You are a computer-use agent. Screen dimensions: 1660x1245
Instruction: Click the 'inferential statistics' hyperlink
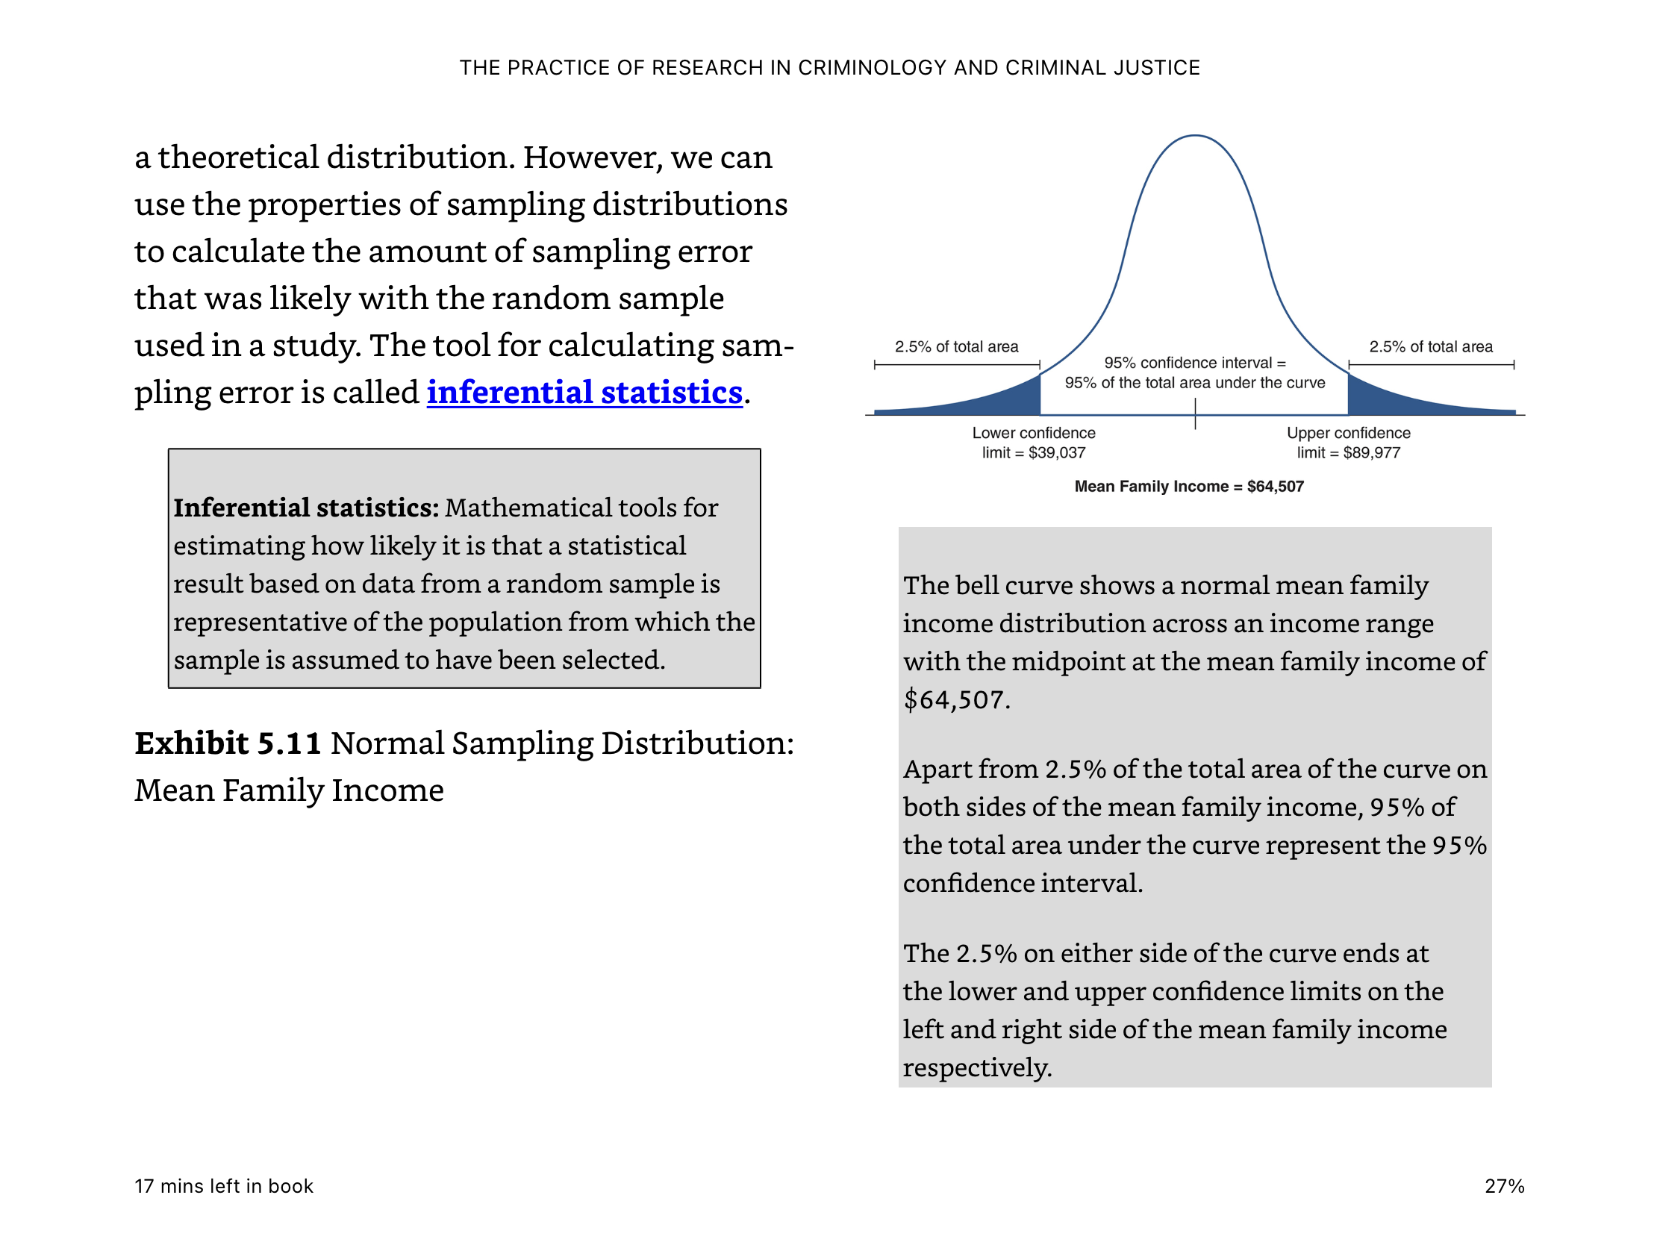pos(584,393)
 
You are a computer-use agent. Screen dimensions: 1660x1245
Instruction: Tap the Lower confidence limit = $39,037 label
pos(1033,443)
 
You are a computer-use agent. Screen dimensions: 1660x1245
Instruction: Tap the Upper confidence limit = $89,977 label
pos(1349,443)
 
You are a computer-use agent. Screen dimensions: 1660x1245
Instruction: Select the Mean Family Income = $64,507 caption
pos(1189,487)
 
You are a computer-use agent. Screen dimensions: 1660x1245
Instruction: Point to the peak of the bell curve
pos(1195,136)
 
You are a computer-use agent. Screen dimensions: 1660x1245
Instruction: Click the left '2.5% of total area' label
pos(956,347)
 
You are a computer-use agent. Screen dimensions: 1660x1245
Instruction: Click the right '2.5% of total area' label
pos(1430,347)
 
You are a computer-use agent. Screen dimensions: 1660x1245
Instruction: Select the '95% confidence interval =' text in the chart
pos(1195,363)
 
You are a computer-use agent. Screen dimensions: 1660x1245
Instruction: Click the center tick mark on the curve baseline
pos(1195,414)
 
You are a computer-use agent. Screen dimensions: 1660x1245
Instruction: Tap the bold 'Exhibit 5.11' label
pos(228,743)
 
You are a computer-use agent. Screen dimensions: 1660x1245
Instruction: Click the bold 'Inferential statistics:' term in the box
pos(306,508)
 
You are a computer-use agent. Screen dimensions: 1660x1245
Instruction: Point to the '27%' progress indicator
pos(1504,1187)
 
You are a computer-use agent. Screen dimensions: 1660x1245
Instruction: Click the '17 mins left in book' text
pos(224,1187)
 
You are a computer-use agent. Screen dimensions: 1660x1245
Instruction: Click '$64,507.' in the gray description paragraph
pos(957,700)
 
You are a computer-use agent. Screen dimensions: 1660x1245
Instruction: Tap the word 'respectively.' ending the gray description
pos(977,1068)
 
